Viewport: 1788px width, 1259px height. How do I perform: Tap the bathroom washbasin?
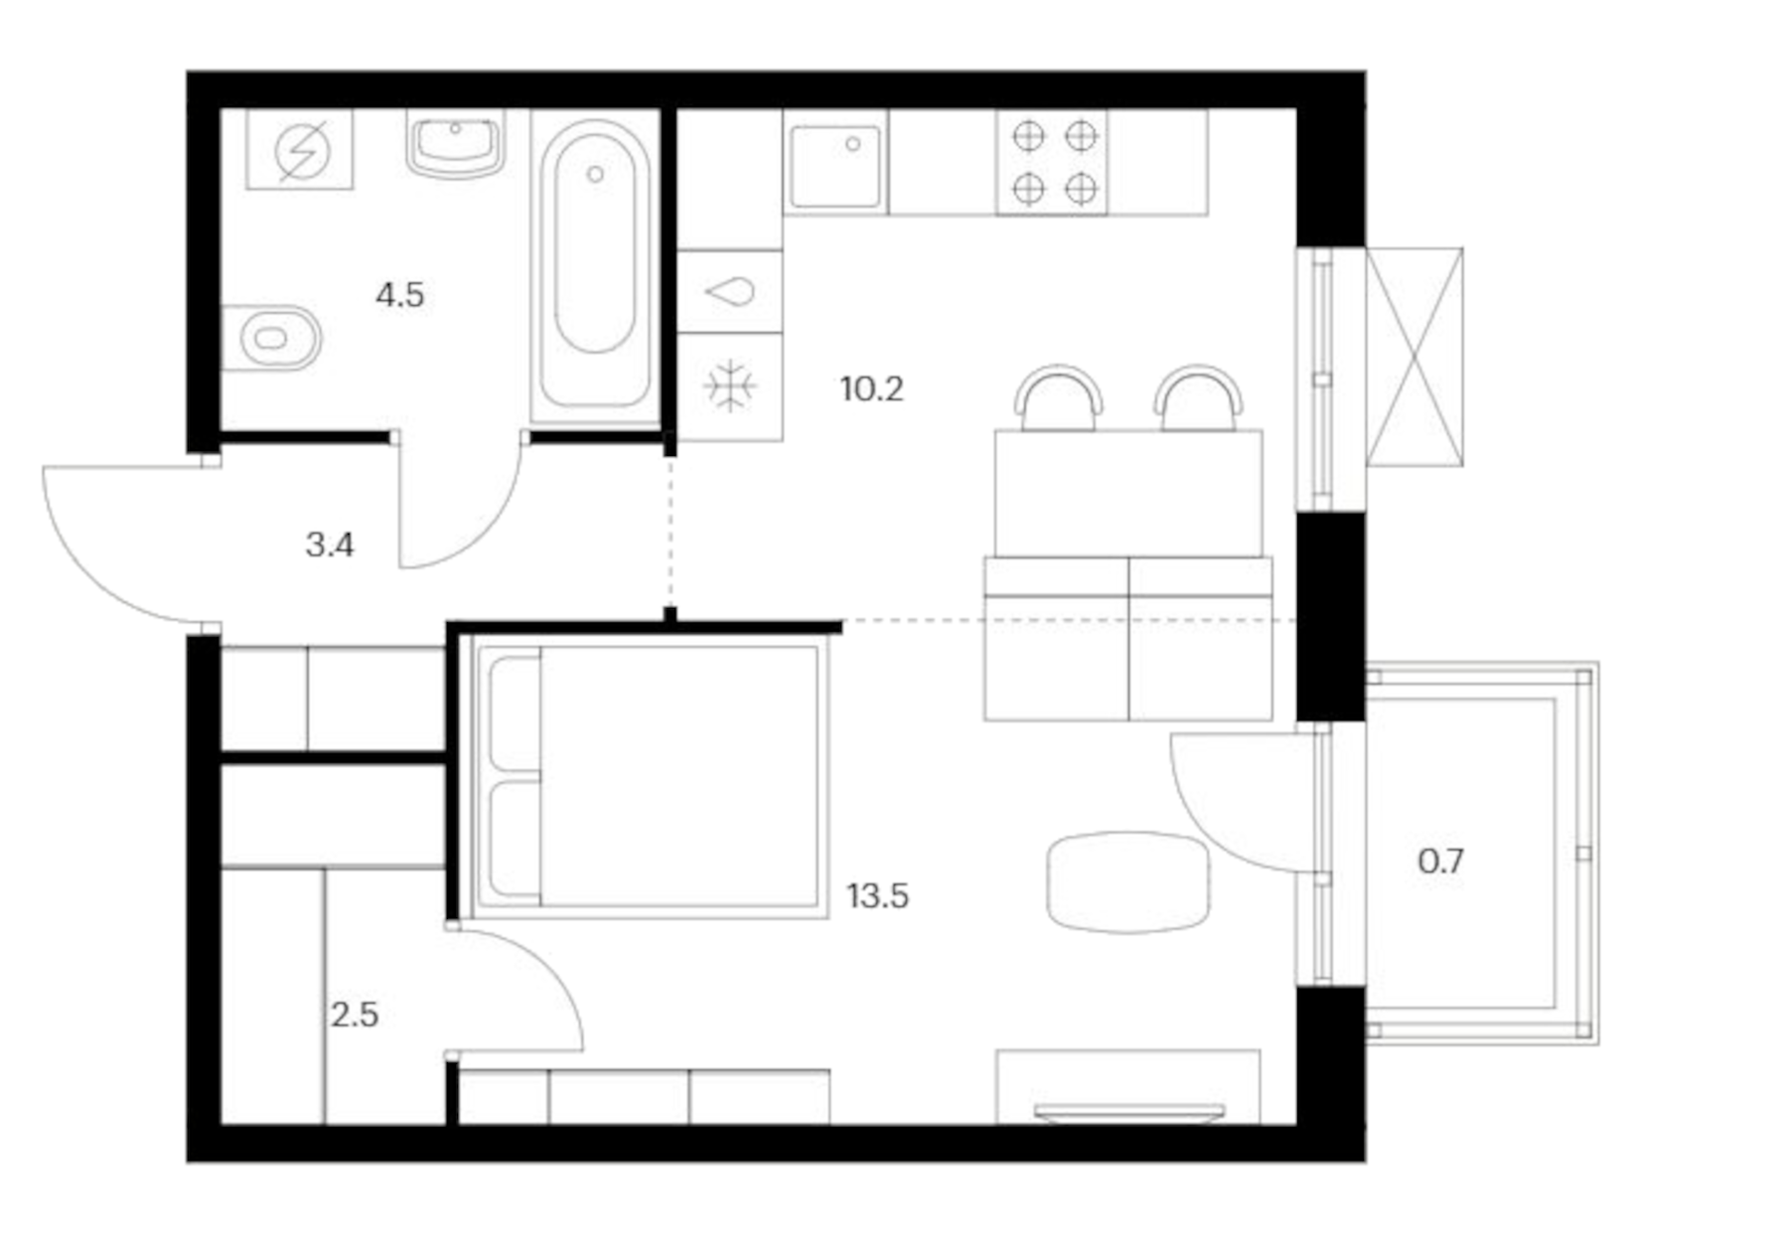(x=456, y=145)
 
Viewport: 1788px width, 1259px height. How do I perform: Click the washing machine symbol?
(x=300, y=151)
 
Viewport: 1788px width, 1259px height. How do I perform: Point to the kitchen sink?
(x=834, y=164)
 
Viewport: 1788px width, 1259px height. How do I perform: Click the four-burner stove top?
(x=1053, y=161)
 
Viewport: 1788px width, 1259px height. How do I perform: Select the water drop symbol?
(x=730, y=292)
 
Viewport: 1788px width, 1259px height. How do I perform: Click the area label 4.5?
(x=399, y=295)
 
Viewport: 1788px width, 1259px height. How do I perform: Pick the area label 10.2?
(x=871, y=390)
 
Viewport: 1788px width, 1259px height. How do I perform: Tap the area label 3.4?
(x=329, y=545)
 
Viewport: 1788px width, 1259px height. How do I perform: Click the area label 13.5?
(x=877, y=896)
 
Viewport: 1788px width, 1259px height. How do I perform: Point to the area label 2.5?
(x=355, y=1015)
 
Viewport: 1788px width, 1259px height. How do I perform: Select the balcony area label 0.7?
(x=1439, y=861)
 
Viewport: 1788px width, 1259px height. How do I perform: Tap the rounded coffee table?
(x=1128, y=881)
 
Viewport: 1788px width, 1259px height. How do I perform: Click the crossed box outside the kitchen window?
(x=1414, y=357)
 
